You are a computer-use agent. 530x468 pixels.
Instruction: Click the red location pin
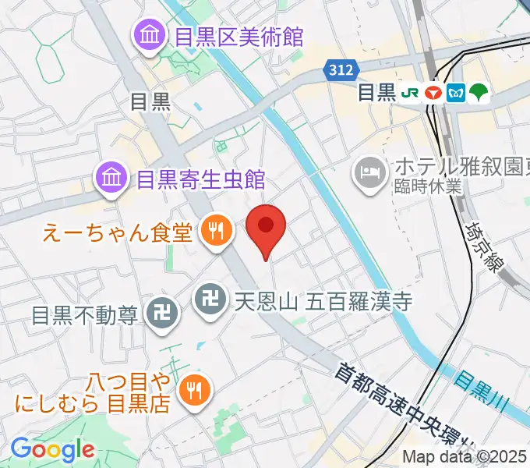[266, 227]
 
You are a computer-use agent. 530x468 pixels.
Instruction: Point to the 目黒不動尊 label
[85, 315]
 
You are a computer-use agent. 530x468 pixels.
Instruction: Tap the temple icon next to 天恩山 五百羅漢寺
[208, 299]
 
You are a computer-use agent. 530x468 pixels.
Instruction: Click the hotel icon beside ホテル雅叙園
[369, 168]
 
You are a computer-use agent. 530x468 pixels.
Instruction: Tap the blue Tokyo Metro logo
[456, 93]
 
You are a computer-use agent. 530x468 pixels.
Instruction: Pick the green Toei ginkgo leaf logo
[479, 93]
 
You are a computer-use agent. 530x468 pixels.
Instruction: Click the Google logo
[52, 449]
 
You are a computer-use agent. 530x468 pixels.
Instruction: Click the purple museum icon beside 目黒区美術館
[147, 36]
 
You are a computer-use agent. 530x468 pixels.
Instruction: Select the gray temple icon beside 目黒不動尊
[164, 315]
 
